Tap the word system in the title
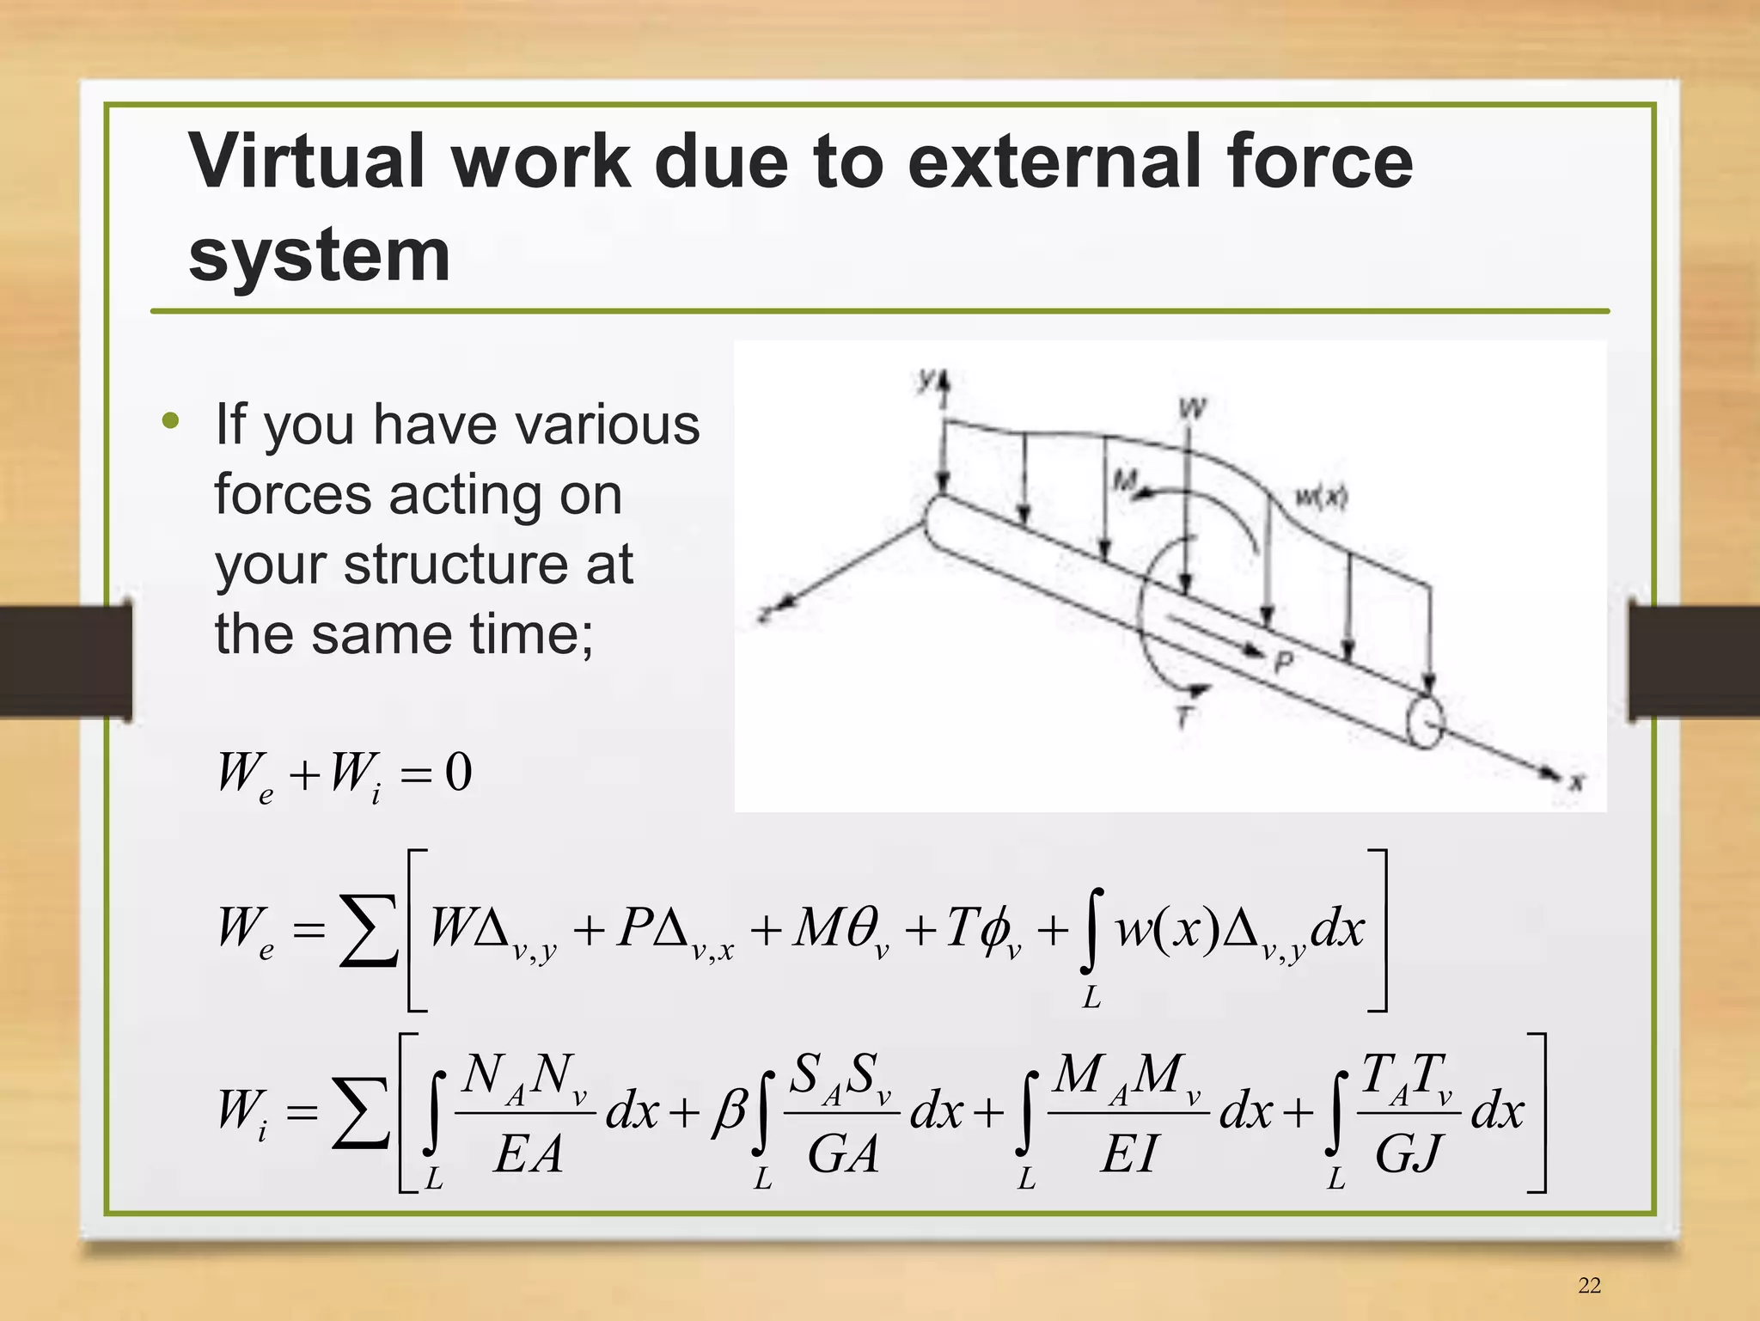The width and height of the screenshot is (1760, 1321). (x=319, y=255)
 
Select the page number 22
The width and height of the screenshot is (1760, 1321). (x=1589, y=1285)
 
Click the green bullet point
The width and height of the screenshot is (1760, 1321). (x=171, y=421)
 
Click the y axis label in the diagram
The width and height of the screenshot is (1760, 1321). (x=926, y=379)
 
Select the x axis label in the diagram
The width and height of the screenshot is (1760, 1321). (x=1576, y=781)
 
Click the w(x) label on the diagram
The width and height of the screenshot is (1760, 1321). (x=1321, y=497)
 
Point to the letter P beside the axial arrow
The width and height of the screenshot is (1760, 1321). (x=1284, y=662)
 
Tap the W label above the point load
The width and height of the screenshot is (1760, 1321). (x=1192, y=407)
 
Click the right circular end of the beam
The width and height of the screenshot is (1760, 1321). (x=1425, y=722)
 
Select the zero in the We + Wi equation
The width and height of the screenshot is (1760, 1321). (x=458, y=772)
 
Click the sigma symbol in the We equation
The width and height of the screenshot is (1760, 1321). (x=368, y=931)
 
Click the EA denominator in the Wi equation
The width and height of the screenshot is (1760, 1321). (x=528, y=1153)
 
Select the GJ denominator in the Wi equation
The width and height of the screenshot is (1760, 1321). (x=1407, y=1153)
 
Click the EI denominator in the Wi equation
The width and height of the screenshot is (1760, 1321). (x=1128, y=1153)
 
